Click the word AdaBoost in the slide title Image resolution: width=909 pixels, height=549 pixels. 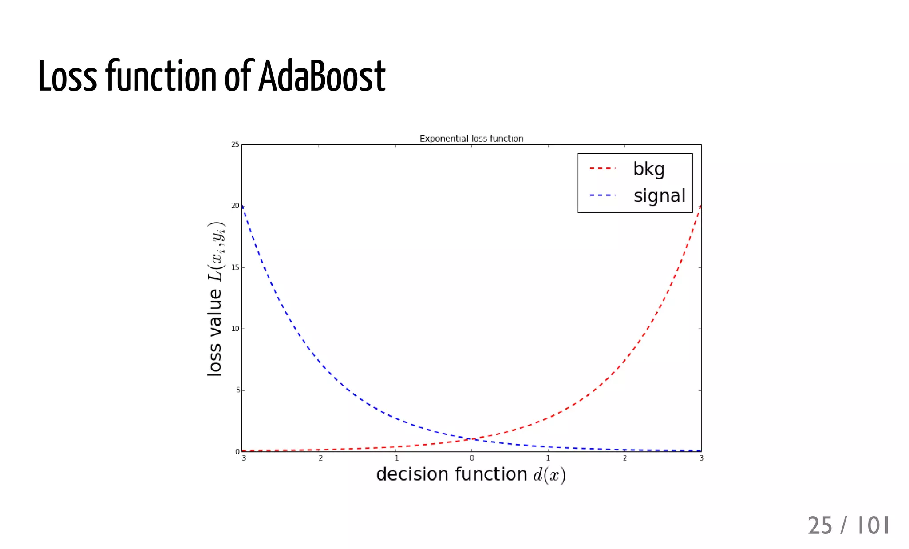[x=322, y=76]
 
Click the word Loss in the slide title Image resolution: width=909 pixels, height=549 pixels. [x=67, y=76]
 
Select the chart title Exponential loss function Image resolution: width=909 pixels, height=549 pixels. [x=471, y=139]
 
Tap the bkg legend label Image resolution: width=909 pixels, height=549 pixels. [x=649, y=169]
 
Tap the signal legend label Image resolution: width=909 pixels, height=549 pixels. [x=660, y=196]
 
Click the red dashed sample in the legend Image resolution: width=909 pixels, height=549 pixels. [x=602, y=169]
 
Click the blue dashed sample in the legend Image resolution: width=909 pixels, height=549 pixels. [x=602, y=195]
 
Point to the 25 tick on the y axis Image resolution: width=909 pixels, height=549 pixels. [x=235, y=144]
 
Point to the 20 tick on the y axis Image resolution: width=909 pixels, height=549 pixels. [x=235, y=206]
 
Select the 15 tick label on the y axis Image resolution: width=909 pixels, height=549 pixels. [x=235, y=267]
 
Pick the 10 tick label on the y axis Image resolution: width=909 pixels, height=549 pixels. [x=235, y=329]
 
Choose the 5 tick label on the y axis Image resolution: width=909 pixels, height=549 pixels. [x=237, y=390]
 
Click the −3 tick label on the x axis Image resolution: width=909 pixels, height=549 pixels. [x=241, y=458]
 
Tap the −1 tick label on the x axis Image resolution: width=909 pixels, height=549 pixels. [x=394, y=458]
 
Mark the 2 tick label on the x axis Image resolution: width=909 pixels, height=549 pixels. [x=624, y=458]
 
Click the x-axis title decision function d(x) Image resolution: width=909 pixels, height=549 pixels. [x=471, y=475]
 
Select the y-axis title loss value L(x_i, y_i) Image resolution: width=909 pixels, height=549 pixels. [x=216, y=298]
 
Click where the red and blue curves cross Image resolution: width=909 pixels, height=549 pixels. [x=472, y=439]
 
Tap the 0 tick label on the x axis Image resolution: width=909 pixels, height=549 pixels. [x=472, y=458]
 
